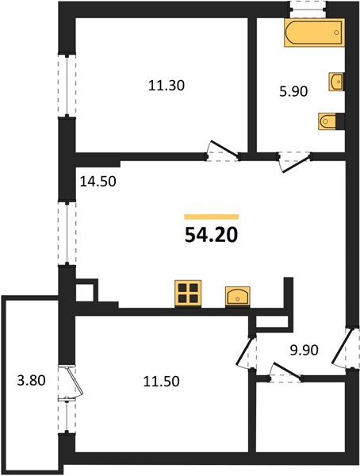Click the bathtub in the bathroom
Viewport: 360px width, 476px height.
click(314, 33)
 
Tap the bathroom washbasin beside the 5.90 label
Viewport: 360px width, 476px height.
click(335, 82)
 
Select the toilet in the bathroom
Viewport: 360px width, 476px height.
click(327, 121)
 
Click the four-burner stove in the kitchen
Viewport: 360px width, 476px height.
click(188, 294)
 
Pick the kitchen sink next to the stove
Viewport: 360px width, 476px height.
click(238, 296)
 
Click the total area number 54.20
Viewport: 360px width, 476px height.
click(211, 236)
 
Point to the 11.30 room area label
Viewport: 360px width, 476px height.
click(167, 86)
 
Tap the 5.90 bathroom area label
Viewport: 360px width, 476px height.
click(293, 91)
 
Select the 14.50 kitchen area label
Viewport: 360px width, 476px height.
click(98, 182)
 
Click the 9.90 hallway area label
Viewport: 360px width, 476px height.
click(304, 351)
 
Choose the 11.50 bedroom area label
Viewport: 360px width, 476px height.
click(161, 382)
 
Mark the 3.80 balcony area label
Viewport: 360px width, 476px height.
click(31, 380)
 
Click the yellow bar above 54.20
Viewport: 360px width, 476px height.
click(211, 217)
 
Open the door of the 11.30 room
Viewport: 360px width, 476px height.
click(223, 150)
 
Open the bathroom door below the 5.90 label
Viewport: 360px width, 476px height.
click(295, 162)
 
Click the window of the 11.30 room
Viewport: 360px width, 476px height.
click(67, 86)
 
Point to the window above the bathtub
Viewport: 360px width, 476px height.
click(308, 9)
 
